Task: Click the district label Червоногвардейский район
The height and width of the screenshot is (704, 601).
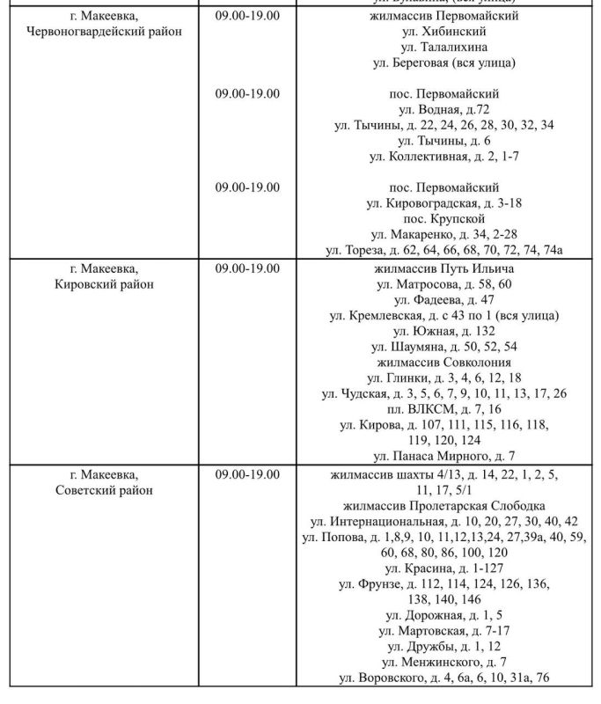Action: (105, 32)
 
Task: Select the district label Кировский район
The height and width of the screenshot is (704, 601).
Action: (105, 283)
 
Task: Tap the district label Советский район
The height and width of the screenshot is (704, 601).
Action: (105, 490)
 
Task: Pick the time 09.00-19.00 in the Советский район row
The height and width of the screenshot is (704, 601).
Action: (247, 474)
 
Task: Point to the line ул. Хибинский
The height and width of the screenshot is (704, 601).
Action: (444, 32)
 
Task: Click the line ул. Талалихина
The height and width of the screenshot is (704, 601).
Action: (444, 47)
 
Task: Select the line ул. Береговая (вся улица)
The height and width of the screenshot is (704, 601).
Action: (444, 62)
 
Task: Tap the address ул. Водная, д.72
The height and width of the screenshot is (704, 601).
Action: (444, 109)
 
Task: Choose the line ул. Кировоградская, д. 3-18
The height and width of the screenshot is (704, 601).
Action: (444, 203)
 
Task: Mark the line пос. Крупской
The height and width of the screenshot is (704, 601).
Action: (444, 218)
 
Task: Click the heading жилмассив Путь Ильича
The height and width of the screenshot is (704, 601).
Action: (444, 268)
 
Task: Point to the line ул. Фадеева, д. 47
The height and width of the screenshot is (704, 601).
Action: (444, 299)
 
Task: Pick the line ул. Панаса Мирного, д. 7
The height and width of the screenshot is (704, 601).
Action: (444, 456)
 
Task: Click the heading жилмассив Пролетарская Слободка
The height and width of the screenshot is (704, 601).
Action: (444, 505)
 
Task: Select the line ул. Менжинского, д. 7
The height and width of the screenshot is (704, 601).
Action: (444, 662)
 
